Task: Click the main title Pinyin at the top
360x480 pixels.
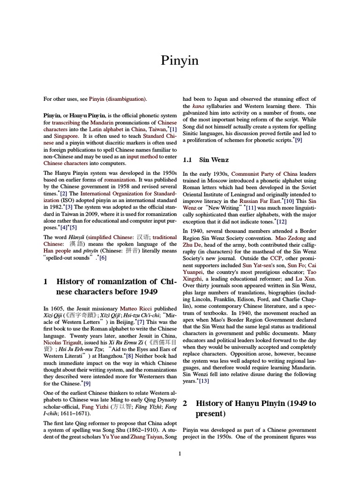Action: point(180,61)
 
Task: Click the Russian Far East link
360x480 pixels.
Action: point(254,200)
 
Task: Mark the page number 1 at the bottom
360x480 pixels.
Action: point(180,453)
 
